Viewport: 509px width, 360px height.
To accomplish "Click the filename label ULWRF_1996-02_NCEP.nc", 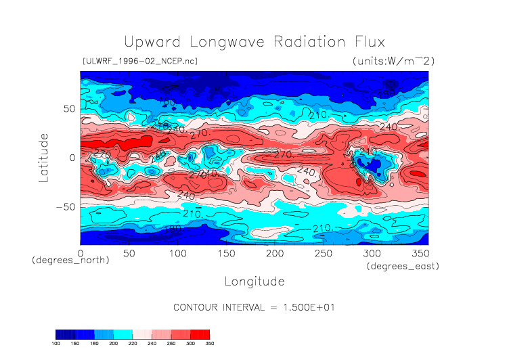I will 139,61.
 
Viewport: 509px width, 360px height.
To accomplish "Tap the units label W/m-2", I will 393,61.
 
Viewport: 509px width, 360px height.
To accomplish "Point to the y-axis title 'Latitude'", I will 44,158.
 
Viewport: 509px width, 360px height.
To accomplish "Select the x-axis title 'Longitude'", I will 254,281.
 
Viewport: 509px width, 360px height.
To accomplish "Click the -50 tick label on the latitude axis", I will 66,206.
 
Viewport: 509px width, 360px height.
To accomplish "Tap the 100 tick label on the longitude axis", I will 177,253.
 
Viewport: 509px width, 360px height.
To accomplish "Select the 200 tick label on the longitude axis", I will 274,253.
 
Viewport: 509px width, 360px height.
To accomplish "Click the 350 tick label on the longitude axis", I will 419,253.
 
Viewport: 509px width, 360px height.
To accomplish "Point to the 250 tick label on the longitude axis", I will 323,253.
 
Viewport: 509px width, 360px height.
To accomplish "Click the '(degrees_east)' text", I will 403,267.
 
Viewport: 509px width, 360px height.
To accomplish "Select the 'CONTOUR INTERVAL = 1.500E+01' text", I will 255,307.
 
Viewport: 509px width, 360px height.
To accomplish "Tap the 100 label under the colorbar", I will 56,344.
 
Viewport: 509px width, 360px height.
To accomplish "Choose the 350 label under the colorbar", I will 209,344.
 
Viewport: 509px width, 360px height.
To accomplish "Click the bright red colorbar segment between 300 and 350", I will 200,334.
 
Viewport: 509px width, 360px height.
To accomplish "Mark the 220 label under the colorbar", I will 133,344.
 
